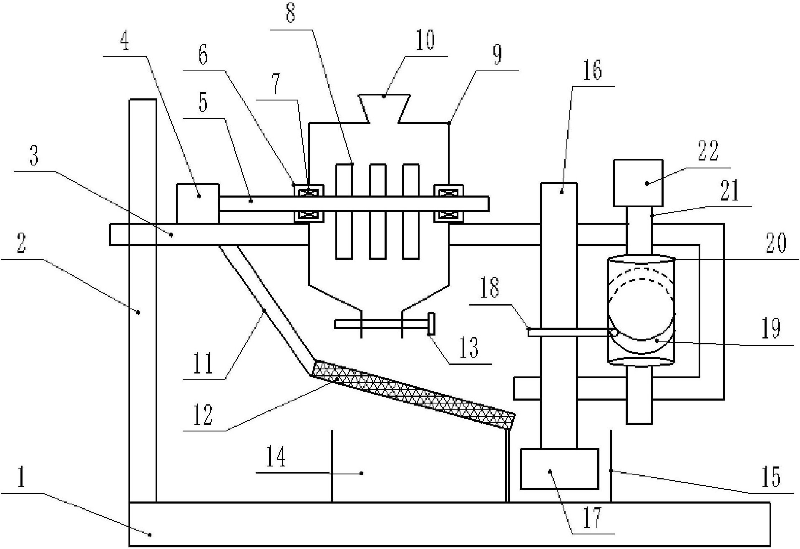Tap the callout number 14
click(276, 457)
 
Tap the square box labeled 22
click(638, 183)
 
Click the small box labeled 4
click(197, 203)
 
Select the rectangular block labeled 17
click(559, 469)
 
